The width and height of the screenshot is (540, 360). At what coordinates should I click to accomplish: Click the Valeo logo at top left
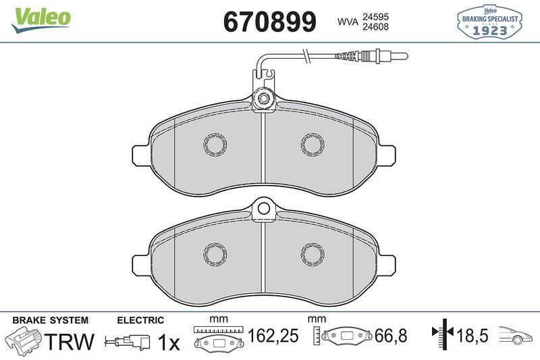coord(40,17)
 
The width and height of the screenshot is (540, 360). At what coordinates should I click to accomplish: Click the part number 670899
coord(269,22)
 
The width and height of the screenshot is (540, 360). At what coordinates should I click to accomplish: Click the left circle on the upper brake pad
coord(216,144)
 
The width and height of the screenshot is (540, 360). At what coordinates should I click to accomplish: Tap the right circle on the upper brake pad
coord(313,144)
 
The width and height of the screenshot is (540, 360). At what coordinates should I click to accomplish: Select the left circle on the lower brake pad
coord(216,253)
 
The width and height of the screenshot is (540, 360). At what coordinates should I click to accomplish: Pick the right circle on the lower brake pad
coord(313,253)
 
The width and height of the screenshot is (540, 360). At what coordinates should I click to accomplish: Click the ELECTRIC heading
coord(140,320)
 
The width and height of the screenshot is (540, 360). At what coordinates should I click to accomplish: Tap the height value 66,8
coord(387,335)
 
